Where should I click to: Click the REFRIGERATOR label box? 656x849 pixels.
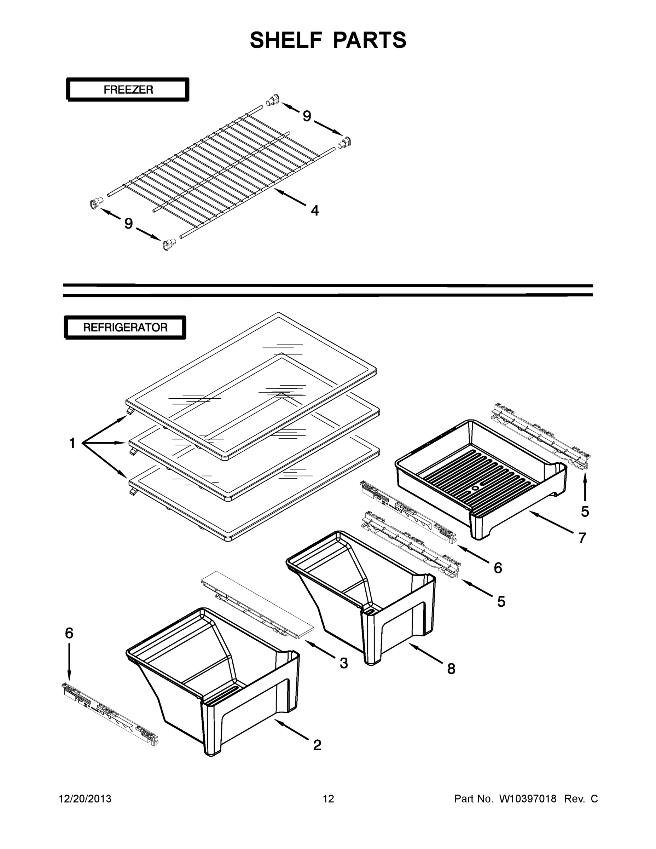tap(125, 327)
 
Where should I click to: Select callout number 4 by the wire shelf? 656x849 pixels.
tap(315, 211)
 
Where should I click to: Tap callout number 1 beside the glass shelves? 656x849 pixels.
tap(72, 443)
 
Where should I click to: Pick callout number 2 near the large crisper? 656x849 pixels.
tap(317, 745)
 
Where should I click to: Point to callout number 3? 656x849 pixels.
tap(343, 663)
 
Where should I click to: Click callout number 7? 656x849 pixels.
tap(582, 538)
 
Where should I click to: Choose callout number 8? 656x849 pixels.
tap(451, 669)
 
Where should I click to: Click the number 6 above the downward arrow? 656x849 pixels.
tap(69, 633)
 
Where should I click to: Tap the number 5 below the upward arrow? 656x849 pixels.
tap(585, 512)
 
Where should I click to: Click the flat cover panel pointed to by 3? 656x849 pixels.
tap(258, 608)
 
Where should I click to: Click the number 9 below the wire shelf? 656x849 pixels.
tap(129, 224)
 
